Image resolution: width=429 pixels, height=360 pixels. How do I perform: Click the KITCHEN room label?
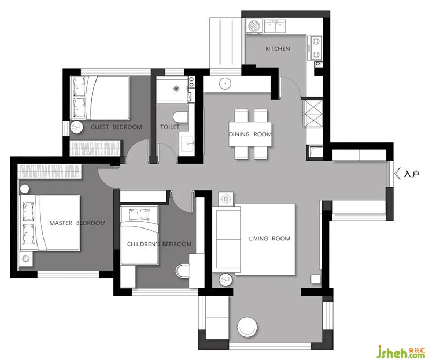pyautogui.click(x=277, y=49)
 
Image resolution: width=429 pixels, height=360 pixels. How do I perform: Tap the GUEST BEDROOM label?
pyautogui.click(x=116, y=127)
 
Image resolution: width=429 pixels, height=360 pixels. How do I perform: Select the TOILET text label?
pyautogui.click(x=170, y=127)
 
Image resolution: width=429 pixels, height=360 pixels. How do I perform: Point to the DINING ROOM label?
pyautogui.click(x=250, y=134)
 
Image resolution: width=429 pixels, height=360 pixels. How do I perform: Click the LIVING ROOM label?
pyautogui.click(x=270, y=238)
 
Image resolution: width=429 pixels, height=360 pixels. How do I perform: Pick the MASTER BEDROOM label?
pyautogui.click(x=77, y=223)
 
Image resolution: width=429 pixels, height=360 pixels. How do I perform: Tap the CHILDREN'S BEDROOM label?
pyautogui.click(x=159, y=244)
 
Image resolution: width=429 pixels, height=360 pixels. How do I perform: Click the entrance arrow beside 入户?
pyautogui.click(x=397, y=174)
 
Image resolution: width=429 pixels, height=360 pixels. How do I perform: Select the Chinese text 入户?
pyautogui.click(x=411, y=174)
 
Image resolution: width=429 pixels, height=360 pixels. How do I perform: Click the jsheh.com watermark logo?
pyautogui.click(x=401, y=352)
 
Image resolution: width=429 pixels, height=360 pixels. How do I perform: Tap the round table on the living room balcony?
pyautogui.click(x=247, y=327)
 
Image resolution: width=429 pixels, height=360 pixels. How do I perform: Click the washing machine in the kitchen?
pyautogui.click(x=254, y=26)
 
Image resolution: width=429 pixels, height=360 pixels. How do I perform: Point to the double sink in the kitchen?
pyautogui.click(x=275, y=26)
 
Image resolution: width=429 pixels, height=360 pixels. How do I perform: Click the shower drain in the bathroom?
pyautogui.click(x=176, y=89)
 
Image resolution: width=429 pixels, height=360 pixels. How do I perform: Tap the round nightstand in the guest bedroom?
pyautogui.click(x=76, y=127)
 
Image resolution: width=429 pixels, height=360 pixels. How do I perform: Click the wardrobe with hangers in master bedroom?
pyautogui.click(x=50, y=171)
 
